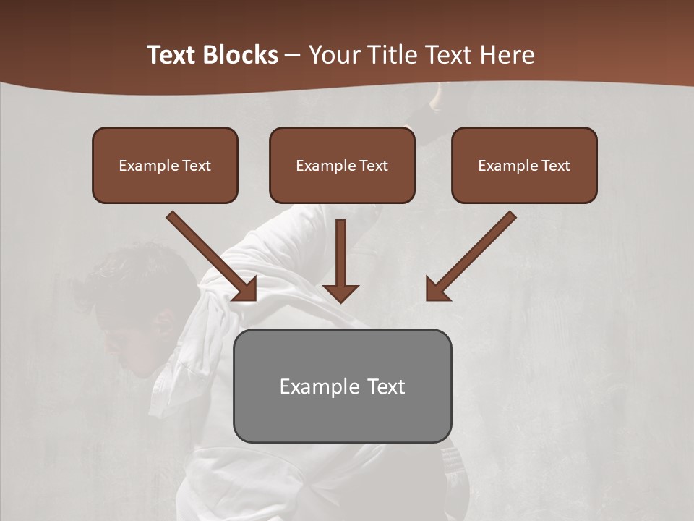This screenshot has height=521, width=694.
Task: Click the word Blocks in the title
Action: click(x=240, y=55)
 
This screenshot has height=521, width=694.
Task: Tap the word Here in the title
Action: click(x=506, y=55)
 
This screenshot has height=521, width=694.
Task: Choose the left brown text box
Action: click(x=165, y=165)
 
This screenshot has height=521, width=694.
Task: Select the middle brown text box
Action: click(x=342, y=165)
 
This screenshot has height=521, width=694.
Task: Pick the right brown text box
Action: click(x=524, y=165)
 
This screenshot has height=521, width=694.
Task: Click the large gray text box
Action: click(x=342, y=386)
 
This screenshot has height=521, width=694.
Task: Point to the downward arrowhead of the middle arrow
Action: click(x=340, y=293)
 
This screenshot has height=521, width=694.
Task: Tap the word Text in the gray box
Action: click(x=386, y=386)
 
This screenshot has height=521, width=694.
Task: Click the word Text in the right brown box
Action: click(x=555, y=166)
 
